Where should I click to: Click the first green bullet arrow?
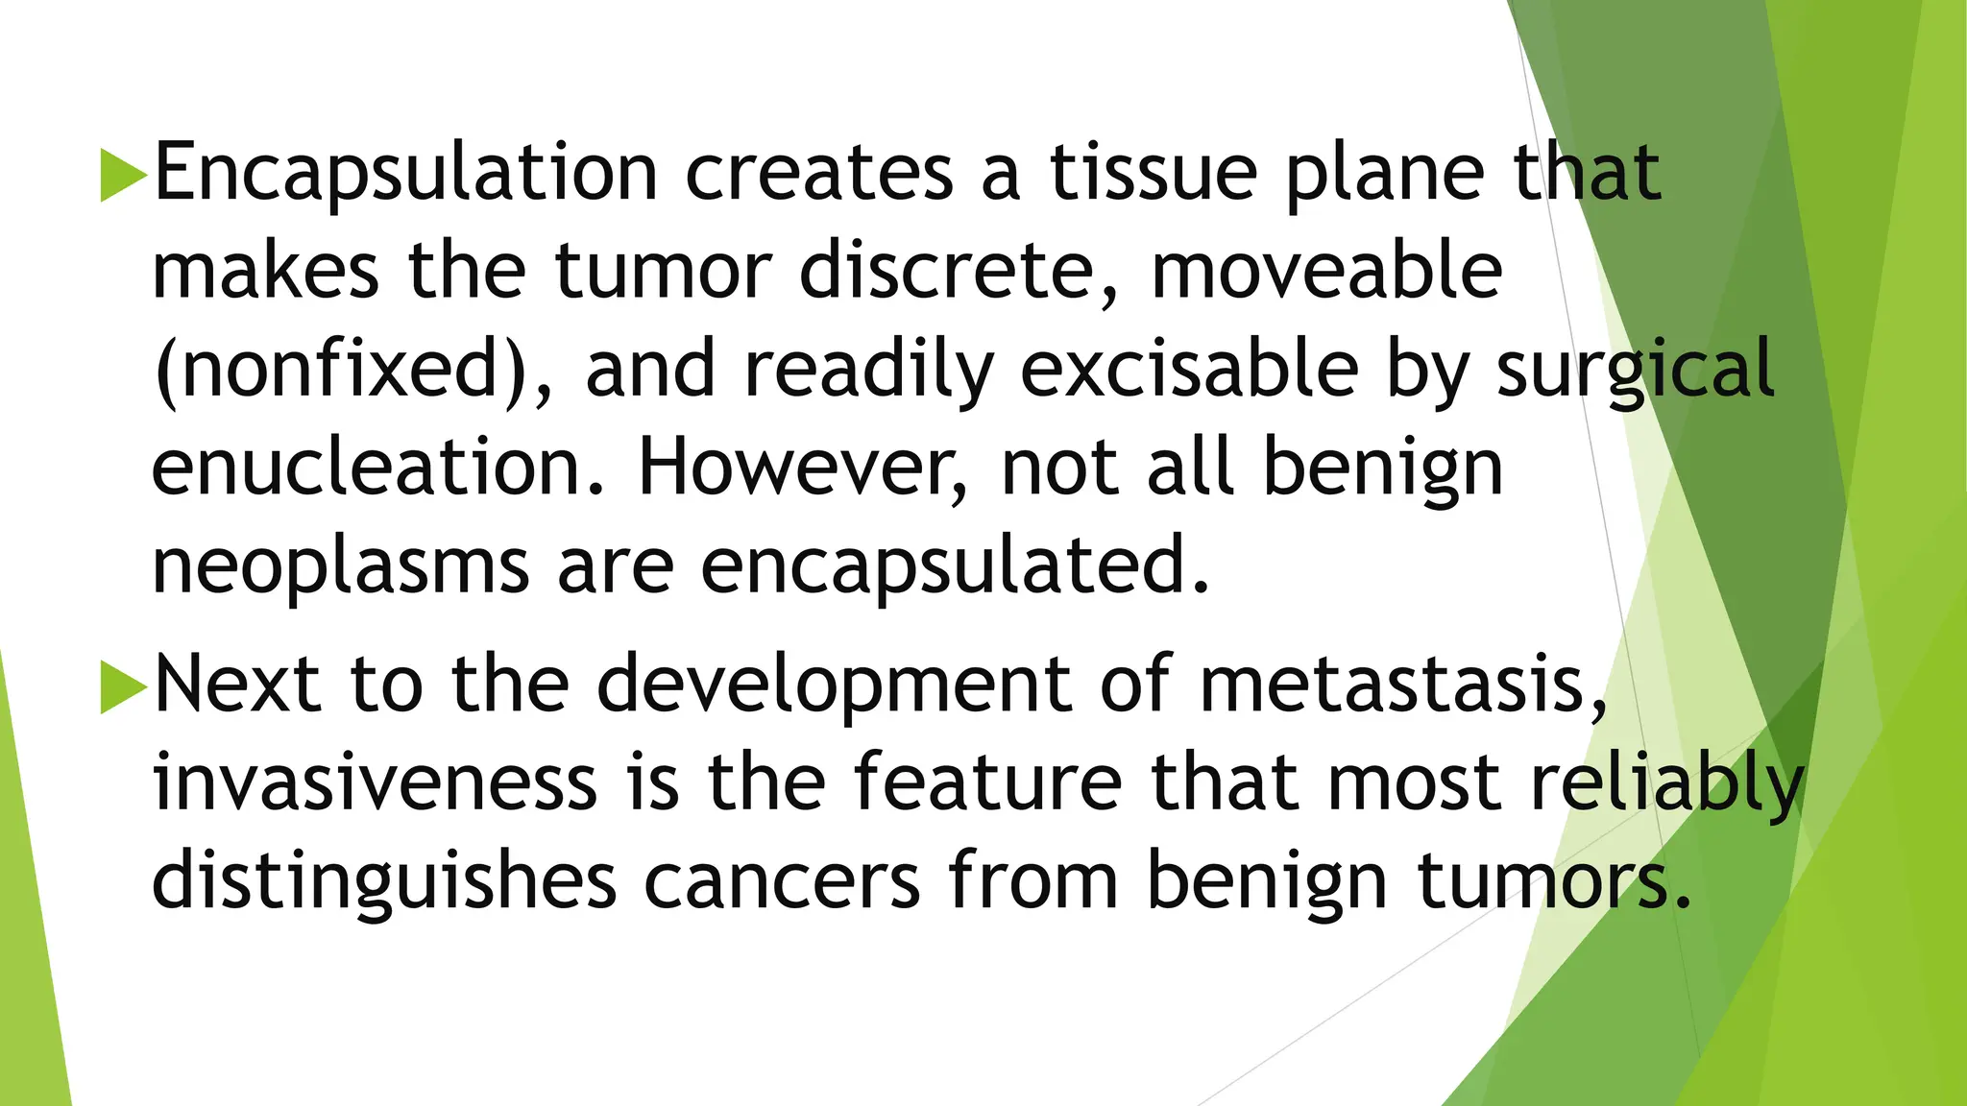tap(123, 174)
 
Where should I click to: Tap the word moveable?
tap(1326, 272)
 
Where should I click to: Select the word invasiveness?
tap(376, 782)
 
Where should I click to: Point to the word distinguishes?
tap(384, 881)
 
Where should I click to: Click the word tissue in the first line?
tap(1153, 174)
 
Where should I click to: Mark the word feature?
tap(987, 782)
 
